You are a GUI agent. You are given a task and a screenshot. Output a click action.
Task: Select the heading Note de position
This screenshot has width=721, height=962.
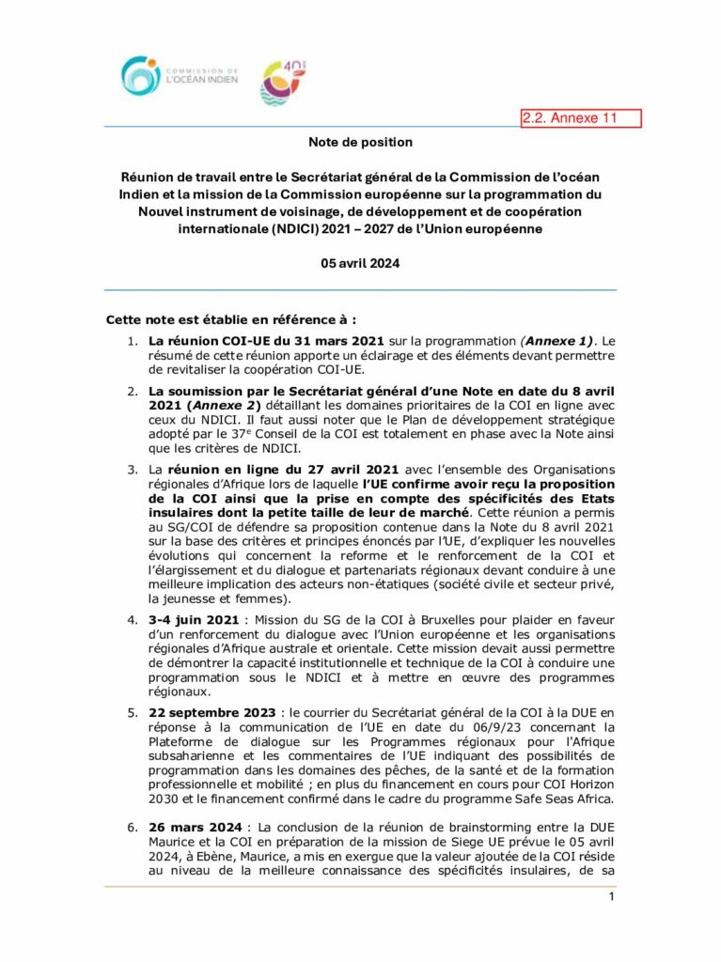tap(360, 143)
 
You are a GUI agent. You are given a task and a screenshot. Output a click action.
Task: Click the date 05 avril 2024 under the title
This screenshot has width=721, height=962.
tap(360, 264)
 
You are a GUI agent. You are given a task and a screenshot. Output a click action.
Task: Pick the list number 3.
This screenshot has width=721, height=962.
tap(133, 468)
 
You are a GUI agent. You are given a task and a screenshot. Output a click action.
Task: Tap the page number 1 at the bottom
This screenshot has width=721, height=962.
tap(611, 897)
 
